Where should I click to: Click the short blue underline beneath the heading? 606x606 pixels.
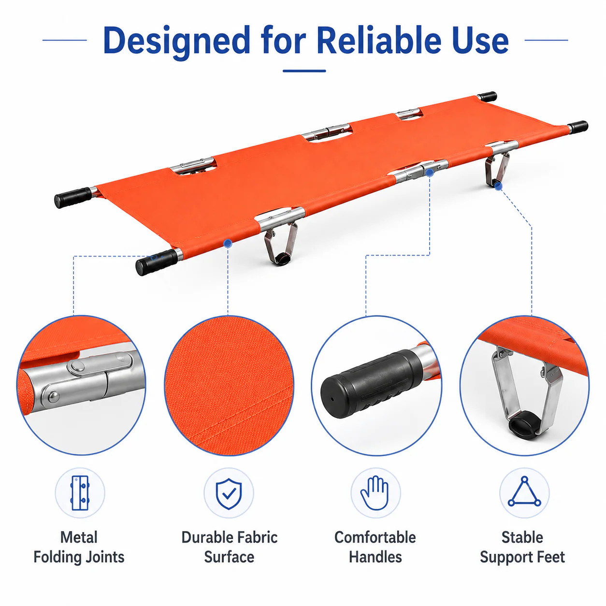(304, 71)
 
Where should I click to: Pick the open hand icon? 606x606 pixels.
(375, 493)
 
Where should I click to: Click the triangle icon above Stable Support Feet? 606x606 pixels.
(524, 492)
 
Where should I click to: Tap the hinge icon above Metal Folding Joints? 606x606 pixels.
(80, 493)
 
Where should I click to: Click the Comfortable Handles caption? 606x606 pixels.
(375, 547)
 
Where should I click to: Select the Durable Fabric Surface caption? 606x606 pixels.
(229, 547)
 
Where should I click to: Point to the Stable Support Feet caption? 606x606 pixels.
(522, 547)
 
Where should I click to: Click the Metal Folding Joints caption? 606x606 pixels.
(79, 547)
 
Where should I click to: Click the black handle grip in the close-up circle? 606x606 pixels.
(372, 384)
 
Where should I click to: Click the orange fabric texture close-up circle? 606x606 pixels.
(229, 386)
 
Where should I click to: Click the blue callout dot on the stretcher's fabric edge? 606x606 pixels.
(228, 243)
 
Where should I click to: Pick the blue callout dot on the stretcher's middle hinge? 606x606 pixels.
(429, 172)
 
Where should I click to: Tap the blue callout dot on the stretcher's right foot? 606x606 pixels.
(498, 186)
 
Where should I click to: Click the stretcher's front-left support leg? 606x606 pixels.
(281, 242)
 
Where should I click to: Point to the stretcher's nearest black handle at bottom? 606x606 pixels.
(157, 262)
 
